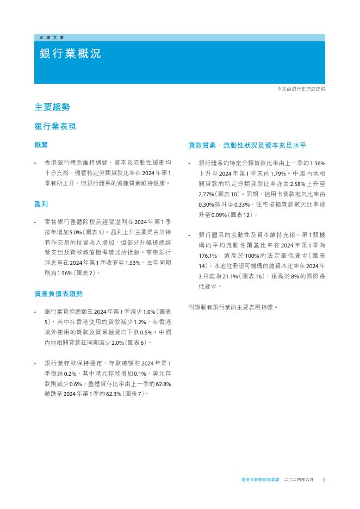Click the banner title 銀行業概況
[x=70, y=54]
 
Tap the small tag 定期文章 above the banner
[x=52, y=38]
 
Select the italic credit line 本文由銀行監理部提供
[x=301, y=89]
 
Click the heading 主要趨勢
[x=52, y=107]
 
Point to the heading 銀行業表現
[x=55, y=127]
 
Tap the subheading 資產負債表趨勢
[x=58, y=294]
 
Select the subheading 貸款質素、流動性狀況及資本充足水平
[x=247, y=146]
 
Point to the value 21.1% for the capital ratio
[x=227, y=276]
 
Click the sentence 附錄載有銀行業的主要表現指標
[x=233, y=307]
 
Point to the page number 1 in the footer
[x=324, y=480]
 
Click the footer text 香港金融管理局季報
[x=259, y=480]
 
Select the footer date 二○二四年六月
[x=299, y=480]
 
